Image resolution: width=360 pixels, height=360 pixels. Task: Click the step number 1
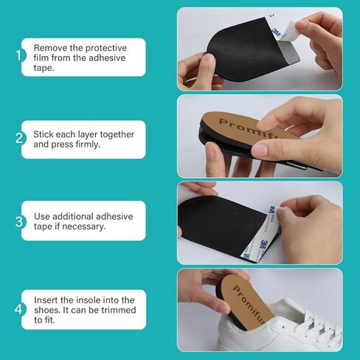(18, 55)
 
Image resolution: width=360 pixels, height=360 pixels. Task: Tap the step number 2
(19, 138)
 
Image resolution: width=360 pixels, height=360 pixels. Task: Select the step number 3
(19, 221)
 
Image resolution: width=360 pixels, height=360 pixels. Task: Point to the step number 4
(18, 309)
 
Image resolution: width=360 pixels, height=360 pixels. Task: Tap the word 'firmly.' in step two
(88, 145)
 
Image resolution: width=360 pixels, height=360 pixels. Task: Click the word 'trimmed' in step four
(119, 310)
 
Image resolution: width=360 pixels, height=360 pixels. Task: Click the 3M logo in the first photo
(277, 32)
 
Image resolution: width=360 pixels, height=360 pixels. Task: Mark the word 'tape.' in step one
(44, 68)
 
